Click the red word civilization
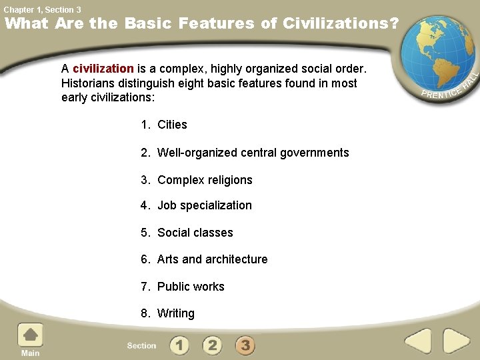point(103,69)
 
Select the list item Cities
point(172,125)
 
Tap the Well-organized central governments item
point(253,153)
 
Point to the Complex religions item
point(205,180)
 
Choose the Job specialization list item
point(204,205)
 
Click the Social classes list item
point(195,233)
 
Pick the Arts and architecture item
point(212,259)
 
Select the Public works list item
point(191,287)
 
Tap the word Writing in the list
point(176,313)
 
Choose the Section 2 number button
point(212,345)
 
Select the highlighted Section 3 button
point(245,345)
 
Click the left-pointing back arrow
point(419,341)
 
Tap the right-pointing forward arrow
point(456,341)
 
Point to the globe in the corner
point(435,50)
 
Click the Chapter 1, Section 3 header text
point(42,9)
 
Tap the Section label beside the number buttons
point(141,346)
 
